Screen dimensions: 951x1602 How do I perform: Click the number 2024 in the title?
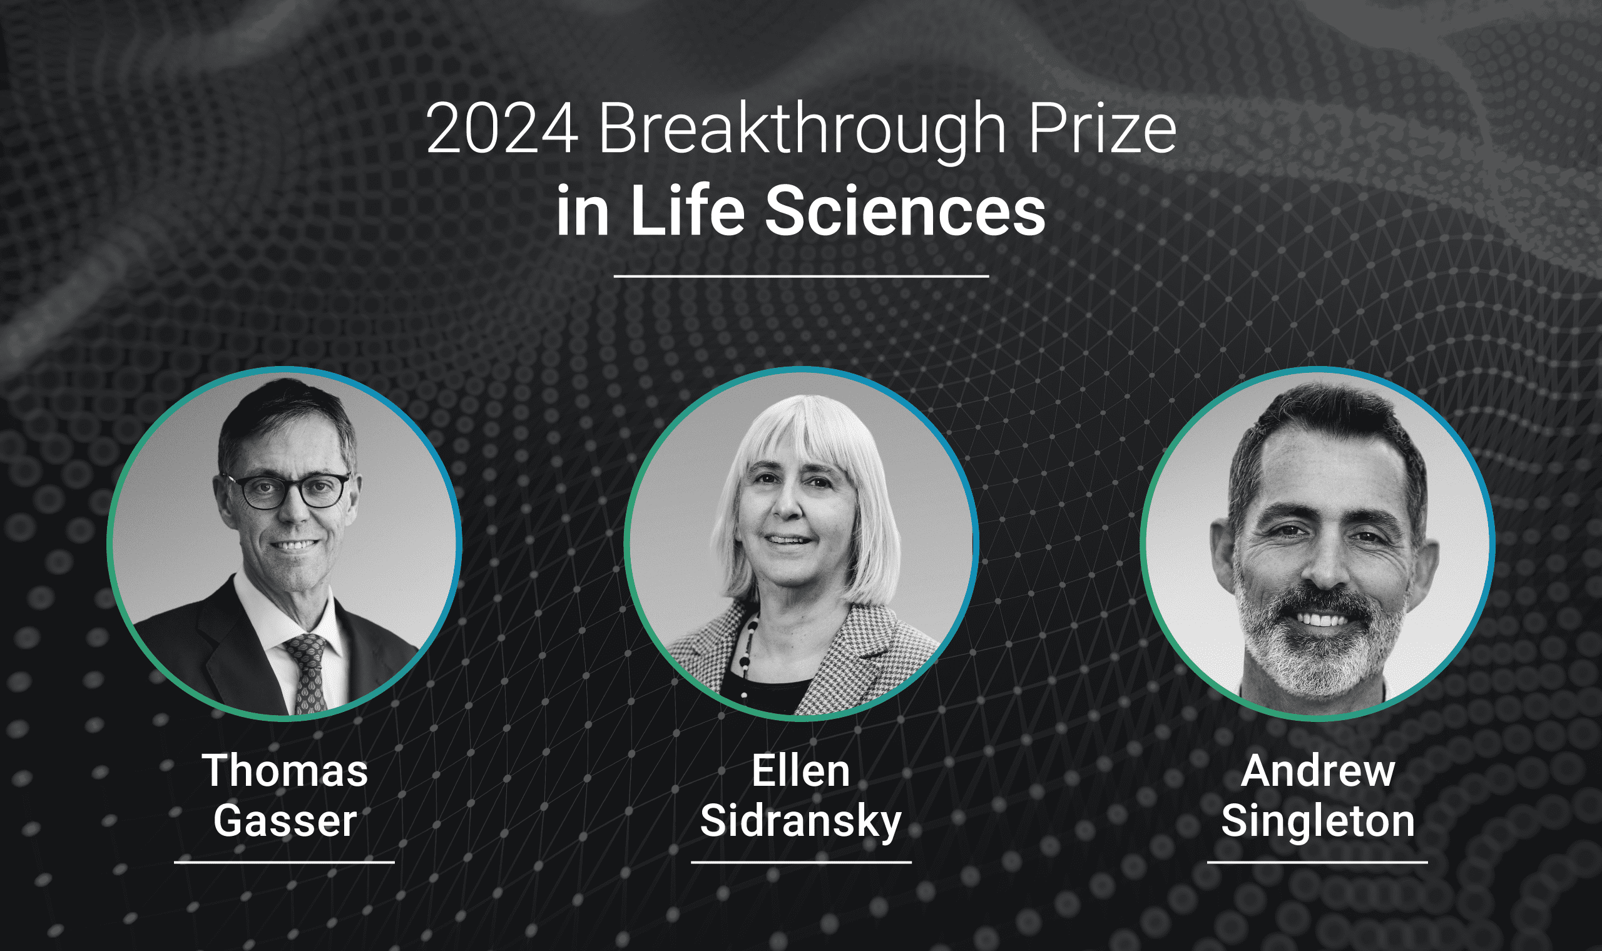(502, 130)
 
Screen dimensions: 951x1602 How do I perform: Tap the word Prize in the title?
(1102, 130)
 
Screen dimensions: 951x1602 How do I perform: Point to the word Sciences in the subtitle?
(905, 211)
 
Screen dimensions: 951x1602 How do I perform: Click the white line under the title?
(801, 276)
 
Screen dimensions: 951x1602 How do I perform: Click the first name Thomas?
(285, 771)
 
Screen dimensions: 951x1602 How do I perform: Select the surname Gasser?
(285, 821)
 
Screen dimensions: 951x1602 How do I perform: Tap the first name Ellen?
(800, 771)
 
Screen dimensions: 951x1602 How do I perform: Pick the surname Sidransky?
(800, 822)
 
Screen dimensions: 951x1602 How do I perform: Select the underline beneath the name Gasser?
(284, 863)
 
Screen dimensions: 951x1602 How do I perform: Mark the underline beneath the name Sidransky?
(801, 863)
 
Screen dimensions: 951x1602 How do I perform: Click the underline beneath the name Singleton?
(1317, 863)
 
